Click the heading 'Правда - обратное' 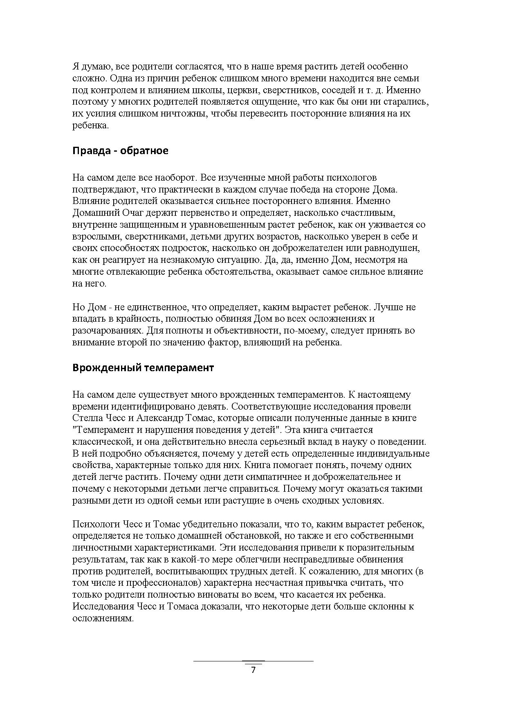pyautogui.click(x=120, y=151)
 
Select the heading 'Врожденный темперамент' pyautogui.click(x=143, y=367)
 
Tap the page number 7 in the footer pyautogui.click(x=253, y=670)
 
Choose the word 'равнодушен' pyautogui.click(x=394, y=248)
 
